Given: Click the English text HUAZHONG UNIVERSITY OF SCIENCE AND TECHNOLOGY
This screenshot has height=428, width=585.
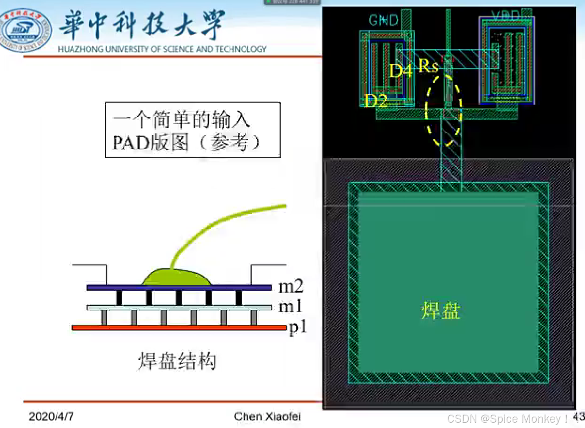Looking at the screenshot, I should [162, 49].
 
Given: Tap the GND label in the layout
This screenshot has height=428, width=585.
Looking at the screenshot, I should [384, 20].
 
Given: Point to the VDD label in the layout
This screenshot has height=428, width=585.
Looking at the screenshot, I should [506, 16].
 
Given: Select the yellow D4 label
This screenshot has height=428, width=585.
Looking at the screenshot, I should [401, 71].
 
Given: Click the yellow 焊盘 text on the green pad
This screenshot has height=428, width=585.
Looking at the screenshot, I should [441, 311].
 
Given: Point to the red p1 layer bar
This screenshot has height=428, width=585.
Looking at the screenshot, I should [178, 328].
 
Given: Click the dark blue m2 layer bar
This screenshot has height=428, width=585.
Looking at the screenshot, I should [178, 288].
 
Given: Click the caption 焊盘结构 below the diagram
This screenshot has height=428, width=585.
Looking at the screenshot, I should [177, 361].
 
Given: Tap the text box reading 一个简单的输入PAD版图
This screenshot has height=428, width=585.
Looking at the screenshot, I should [192, 129].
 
